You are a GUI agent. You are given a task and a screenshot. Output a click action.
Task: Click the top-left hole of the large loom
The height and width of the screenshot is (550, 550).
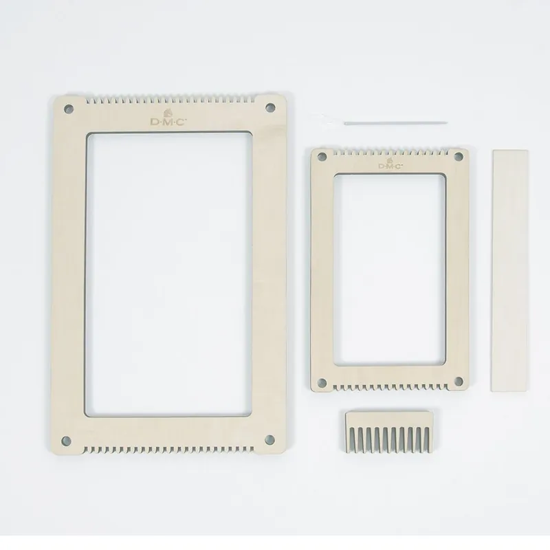(69, 109)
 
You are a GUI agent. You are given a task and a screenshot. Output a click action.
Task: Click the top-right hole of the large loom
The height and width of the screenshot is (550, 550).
(270, 107)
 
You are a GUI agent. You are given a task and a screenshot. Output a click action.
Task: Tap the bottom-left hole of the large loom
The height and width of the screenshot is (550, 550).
(66, 441)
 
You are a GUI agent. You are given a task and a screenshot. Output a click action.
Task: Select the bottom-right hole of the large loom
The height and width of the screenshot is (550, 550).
(269, 439)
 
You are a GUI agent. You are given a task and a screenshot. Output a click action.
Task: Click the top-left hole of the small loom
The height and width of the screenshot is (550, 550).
(322, 157)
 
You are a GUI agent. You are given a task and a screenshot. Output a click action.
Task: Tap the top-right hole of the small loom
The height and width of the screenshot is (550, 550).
(458, 156)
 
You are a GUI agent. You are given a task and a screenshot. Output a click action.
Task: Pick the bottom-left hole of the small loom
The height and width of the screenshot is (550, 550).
(322, 382)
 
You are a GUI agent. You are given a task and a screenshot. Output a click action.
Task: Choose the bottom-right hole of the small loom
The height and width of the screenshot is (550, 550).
(459, 381)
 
